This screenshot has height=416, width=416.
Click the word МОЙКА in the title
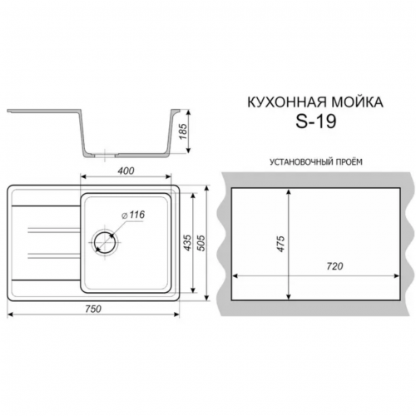click(354, 102)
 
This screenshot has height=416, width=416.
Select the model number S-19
click(316, 121)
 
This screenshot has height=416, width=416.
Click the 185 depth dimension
click(183, 131)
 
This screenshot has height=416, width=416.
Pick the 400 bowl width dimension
click(126, 171)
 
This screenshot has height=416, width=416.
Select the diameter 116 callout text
click(133, 215)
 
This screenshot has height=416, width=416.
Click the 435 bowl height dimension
click(188, 243)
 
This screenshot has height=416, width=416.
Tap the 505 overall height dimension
click(201, 243)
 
